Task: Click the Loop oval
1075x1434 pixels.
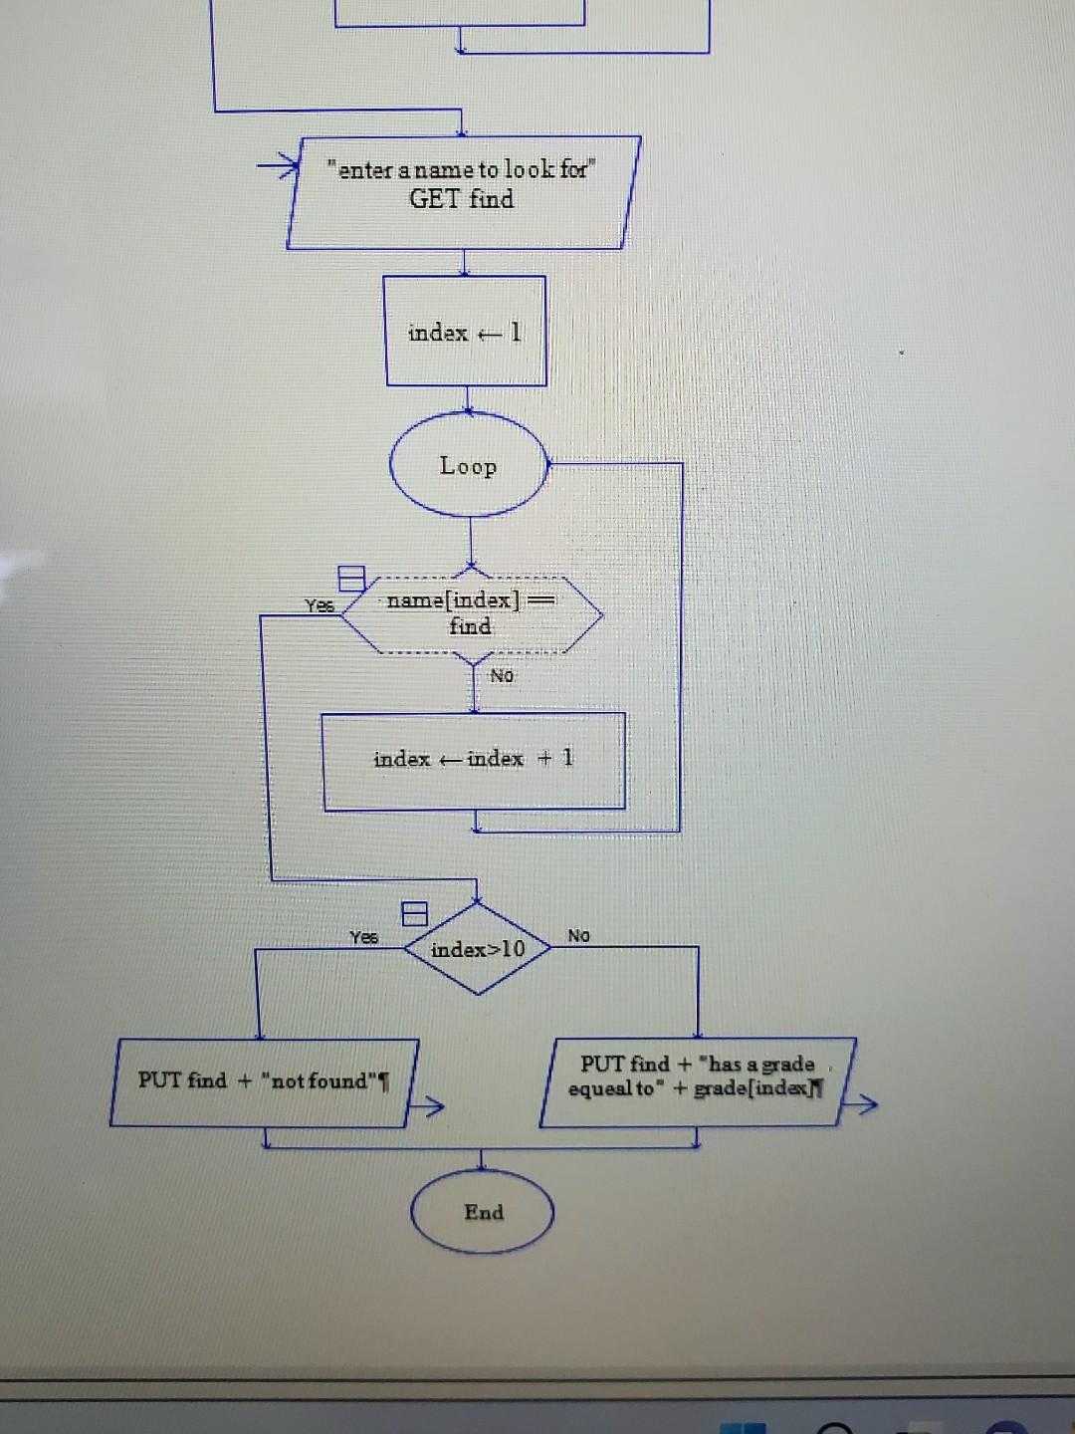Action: tap(469, 465)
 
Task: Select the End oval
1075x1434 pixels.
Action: tap(483, 1212)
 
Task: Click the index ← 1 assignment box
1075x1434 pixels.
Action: tap(466, 332)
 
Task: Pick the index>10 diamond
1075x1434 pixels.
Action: tap(478, 949)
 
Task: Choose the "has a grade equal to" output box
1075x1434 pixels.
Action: tap(698, 1081)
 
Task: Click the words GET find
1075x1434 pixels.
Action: tap(462, 199)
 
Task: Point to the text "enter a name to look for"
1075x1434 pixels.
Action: tap(461, 169)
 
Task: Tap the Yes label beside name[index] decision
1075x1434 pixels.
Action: tap(319, 604)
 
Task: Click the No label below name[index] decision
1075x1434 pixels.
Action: tap(502, 676)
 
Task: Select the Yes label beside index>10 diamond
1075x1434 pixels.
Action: tap(363, 937)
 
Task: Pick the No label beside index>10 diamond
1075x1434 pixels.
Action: tap(578, 935)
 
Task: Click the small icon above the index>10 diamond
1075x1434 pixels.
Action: tap(415, 913)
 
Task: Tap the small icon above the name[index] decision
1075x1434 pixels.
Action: tap(350, 578)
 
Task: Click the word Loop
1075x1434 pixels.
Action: tap(468, 466)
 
